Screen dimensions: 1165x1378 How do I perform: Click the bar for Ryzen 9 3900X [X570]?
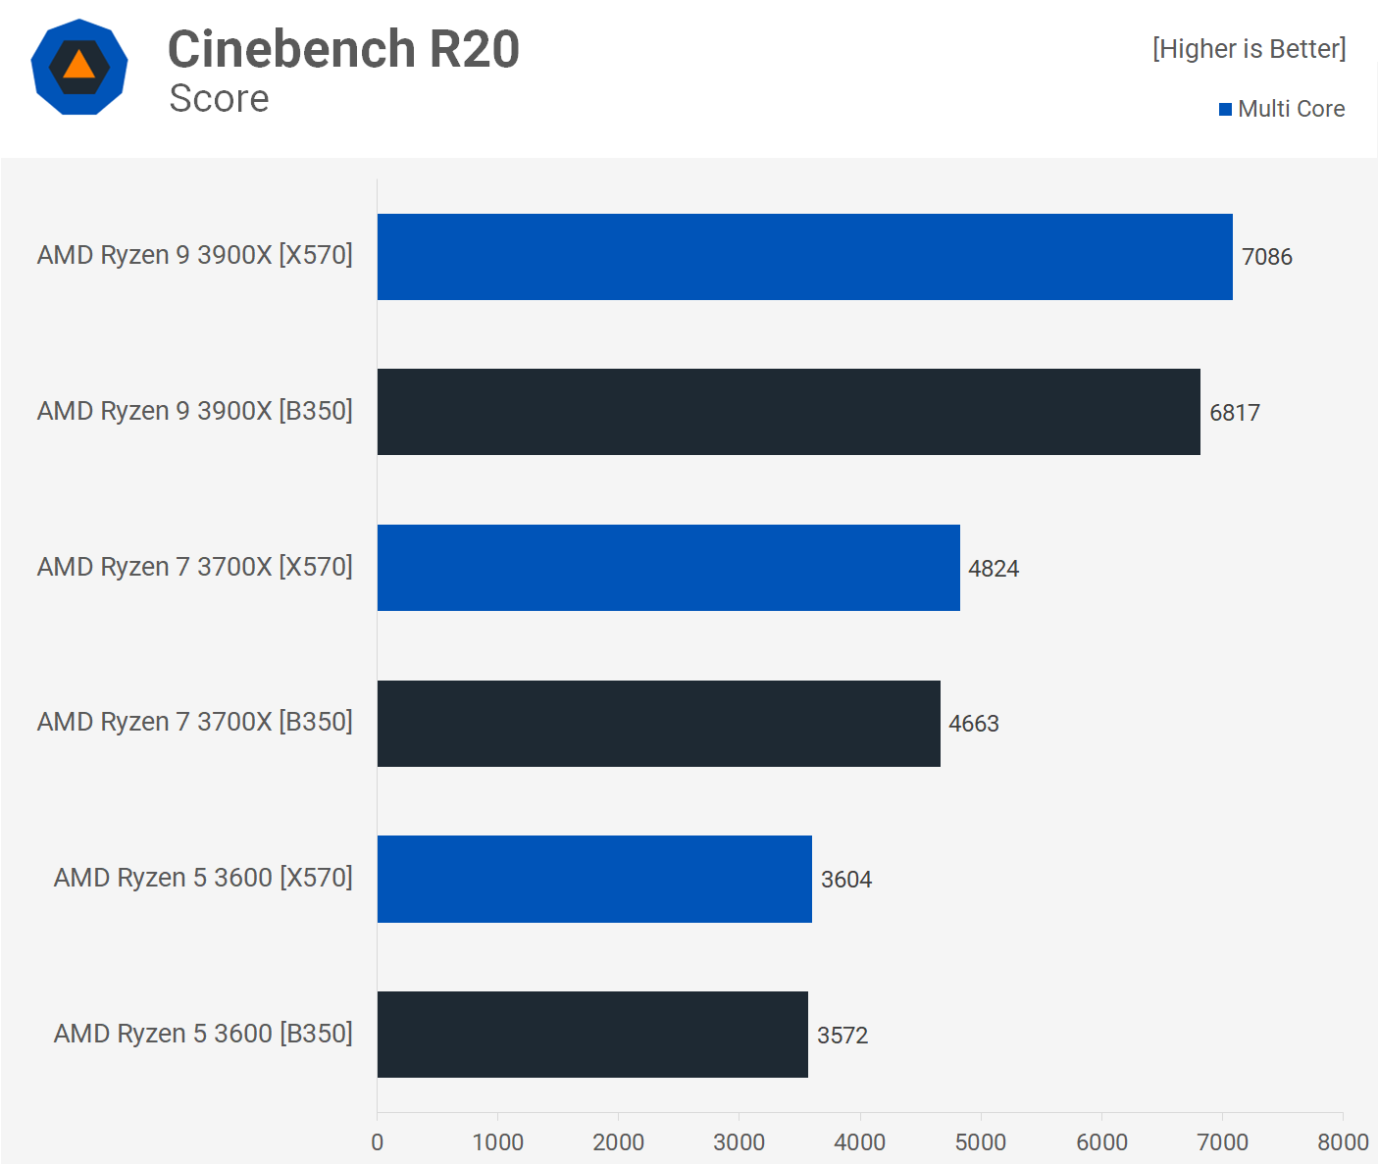804,257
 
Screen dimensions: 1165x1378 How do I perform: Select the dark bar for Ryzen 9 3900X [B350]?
789,412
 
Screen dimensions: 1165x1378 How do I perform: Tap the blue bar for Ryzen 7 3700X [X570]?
668,568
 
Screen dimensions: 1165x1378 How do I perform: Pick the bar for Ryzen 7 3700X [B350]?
658,724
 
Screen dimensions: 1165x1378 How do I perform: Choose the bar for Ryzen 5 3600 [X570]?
594,879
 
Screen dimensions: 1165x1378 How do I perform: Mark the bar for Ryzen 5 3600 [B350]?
592,1035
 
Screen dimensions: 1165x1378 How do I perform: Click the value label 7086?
1266,257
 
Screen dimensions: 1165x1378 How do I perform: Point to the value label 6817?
1234,413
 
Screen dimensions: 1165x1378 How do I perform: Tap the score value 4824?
994,569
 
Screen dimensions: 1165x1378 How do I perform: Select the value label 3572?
842,1036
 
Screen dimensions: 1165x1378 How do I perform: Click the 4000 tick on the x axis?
859,1142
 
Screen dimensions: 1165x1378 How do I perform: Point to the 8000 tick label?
1343,1142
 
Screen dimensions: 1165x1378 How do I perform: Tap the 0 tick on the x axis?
378,1142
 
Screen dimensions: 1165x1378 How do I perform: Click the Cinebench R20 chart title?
343,49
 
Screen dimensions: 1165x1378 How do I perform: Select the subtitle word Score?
219,99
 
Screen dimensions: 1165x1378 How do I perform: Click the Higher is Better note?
1249,49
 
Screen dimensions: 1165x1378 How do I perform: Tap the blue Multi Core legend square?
1225,109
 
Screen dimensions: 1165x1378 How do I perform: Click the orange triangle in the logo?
79,67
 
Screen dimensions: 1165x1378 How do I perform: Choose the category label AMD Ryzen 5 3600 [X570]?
203,878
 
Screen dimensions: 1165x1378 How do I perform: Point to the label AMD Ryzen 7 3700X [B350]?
194,722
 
